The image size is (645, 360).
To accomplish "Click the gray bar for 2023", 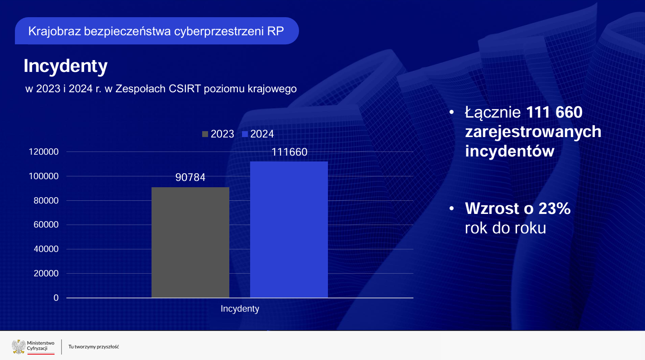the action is (x=190, y=242).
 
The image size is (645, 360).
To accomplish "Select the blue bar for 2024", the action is (x=289, y=230).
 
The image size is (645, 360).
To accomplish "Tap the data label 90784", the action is (x=190, y=177).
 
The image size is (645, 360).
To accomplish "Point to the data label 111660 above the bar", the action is (x=289, y=152).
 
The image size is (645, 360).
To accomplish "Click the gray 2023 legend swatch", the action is (x=205, y=134).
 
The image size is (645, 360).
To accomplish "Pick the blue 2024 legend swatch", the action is (x=245, y=134).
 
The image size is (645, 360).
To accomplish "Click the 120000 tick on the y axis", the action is (x=43, y=152).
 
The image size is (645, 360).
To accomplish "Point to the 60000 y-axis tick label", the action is (x=46, y=225).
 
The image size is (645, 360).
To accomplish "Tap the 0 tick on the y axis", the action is (x=56, y=298).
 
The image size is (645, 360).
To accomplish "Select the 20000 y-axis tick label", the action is (x=46, y=273).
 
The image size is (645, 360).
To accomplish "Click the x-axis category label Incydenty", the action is (x=240, y=309).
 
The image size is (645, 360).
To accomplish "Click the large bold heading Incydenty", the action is (x=66, y=66).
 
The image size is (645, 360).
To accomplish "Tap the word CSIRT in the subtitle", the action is (x=185, y=89).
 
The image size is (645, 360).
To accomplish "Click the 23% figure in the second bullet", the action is (x=554, y=208).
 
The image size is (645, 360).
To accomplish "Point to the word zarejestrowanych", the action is (x=533, y=132).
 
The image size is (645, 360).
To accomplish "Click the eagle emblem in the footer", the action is (x=19, y=347).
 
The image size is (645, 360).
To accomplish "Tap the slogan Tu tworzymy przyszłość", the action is (x=94, y=347).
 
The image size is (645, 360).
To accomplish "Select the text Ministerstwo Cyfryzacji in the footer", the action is (x=41, y=346).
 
